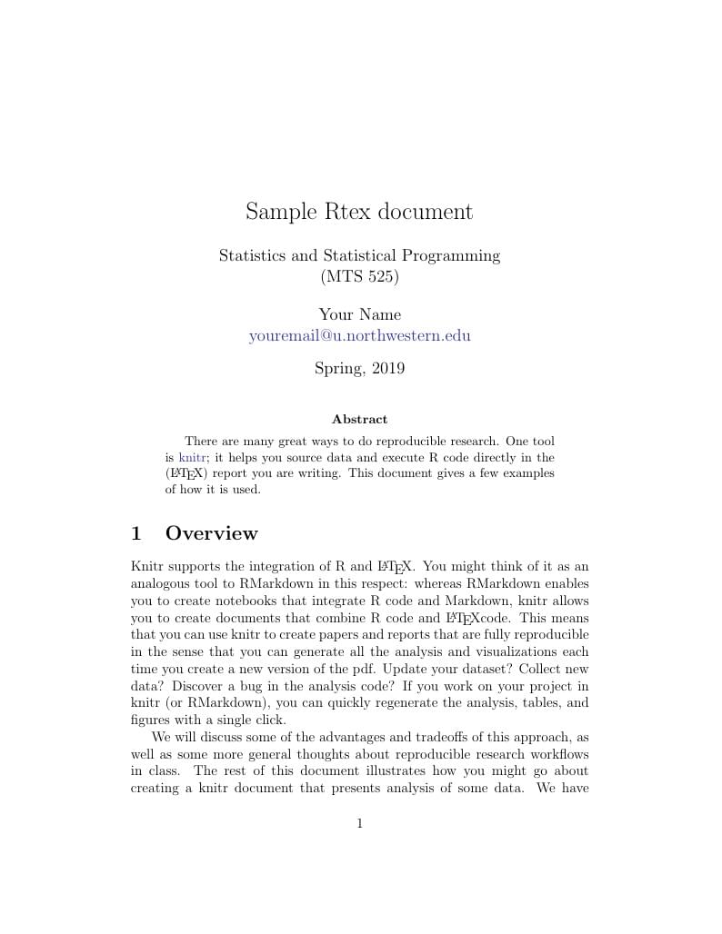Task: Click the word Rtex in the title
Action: pos(346,213)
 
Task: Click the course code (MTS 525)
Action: pos(360,276)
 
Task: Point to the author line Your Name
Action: pos(359,315)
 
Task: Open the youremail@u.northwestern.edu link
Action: pos(359,335)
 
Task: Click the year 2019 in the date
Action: pos(388,369)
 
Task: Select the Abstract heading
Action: pos(359,420)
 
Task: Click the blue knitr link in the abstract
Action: pos(192,458)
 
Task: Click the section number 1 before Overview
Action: pos(136,534)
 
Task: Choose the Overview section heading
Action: pos(212,534)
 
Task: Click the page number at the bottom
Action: pos(360,824)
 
